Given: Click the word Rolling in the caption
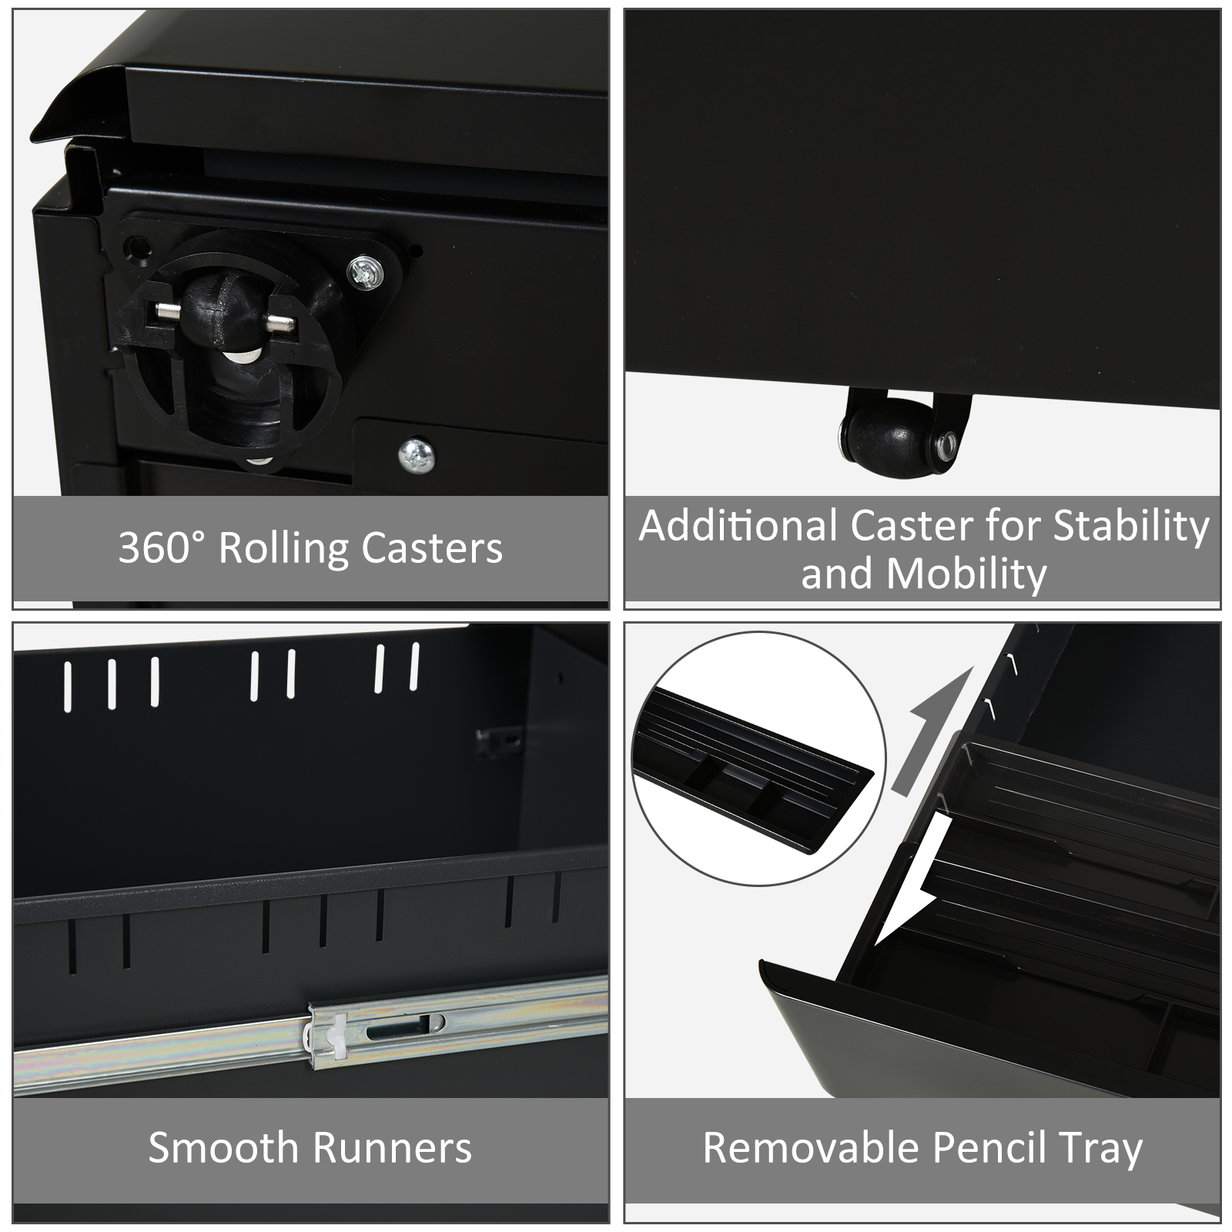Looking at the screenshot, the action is [283, 549].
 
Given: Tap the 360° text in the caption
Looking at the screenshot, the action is [162, 547].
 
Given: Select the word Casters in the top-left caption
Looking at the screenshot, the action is [432, 548].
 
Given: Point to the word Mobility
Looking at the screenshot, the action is [966, 574].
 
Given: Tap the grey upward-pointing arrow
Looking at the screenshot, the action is [926, 731].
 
